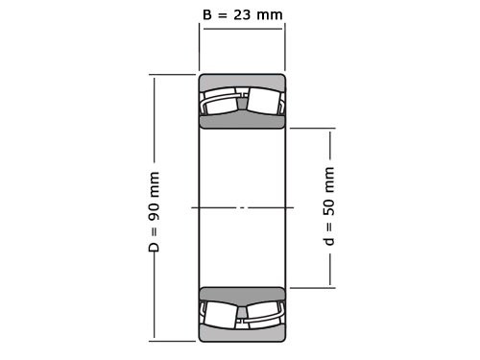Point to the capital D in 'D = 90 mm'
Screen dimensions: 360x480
[x=154, y=248]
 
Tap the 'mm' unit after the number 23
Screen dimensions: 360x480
[x=272, y=13]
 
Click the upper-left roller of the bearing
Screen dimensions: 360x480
[x=221, y=102]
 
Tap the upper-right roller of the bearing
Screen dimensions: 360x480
[x=264, y=102]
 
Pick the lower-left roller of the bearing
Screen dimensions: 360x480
[x=221, y=314]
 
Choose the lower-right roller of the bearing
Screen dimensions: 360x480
[x=264, y=314]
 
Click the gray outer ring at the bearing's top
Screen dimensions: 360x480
[x=242, y=81]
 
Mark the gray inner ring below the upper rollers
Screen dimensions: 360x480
[x=242, y=121]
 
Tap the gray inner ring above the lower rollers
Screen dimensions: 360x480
[x=242, y=294]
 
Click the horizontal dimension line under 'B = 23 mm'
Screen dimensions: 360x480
[x=242, y=29]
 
